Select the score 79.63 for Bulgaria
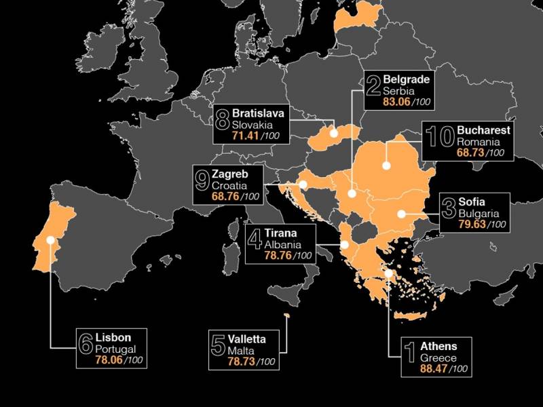pos(474,225)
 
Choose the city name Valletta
pos(247,339)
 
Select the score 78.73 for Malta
pos(242,362)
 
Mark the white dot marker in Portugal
pos(50,239)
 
